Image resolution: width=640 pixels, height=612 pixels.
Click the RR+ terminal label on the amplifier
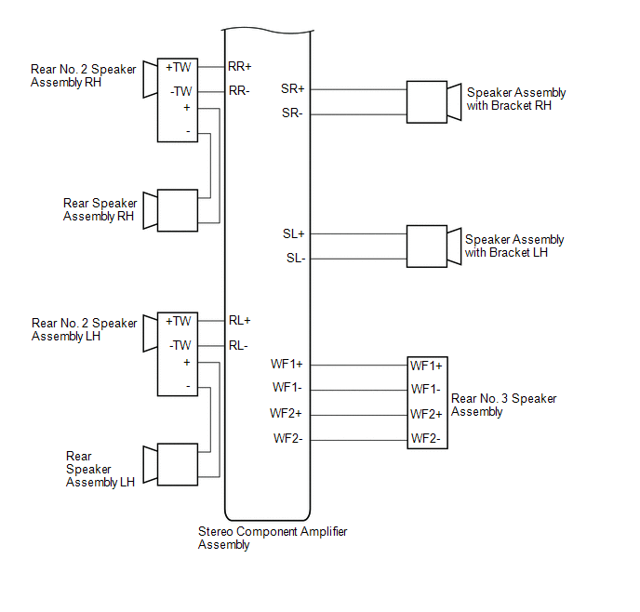[x=240, y=66]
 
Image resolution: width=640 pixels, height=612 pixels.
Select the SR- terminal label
[x=292, y=113]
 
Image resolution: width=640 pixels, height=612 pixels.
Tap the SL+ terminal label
[x=294, y=233]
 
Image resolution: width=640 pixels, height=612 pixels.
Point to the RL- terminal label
[x=238, y=346]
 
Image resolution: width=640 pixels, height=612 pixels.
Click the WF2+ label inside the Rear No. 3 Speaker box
[x=427, y=414]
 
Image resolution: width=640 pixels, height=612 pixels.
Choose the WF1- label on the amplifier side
[x=287, y=387]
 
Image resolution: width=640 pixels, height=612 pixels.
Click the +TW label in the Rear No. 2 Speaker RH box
[x=179, y=67]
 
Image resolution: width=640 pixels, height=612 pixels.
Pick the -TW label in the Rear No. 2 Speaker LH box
[x=180, y=345]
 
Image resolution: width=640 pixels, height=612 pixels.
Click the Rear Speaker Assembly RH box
[x=178, y=210]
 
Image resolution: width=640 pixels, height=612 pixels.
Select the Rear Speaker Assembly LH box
[x=178, y=464]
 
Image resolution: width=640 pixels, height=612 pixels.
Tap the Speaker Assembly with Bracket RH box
[x=427, y=102]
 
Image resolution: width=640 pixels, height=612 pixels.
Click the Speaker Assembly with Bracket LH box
[x=427, y=246]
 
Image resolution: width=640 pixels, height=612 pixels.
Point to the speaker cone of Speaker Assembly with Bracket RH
[x=455, y=102]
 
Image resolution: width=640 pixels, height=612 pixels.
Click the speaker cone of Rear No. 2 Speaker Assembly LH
[x=150, y=333]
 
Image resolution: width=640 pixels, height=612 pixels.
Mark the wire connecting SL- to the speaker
[x=358, y=259]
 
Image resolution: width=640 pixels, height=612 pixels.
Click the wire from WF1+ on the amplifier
[x=359, y=366]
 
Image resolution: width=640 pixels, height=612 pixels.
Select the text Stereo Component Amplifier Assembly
[x=273, y=538]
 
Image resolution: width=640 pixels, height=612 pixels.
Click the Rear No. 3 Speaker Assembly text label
[x=503, y=405]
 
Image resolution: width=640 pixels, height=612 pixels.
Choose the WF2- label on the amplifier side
[x=288, y=439]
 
